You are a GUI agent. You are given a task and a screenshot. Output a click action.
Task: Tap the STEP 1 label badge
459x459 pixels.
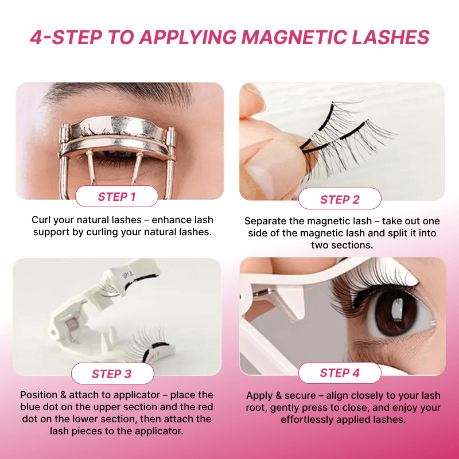pos(117,197)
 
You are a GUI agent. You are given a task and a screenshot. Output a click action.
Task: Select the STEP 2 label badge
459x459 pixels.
pos(340,199)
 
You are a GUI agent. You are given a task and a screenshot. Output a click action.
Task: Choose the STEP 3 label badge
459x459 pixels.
pos(112,374)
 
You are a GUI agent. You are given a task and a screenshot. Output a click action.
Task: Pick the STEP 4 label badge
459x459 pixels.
pos(340,373)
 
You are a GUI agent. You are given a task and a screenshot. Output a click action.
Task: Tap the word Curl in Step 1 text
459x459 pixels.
pos(41,220)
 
